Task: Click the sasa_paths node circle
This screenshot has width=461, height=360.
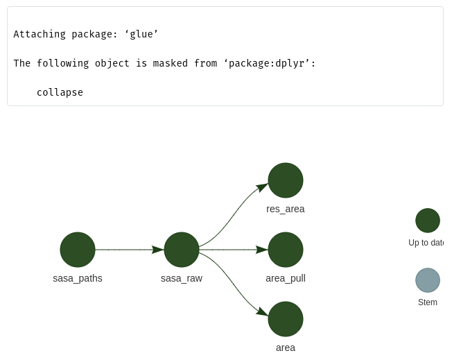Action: coord(78,250)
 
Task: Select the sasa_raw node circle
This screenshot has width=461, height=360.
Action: coord(182,250)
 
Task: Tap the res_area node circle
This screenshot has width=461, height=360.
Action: coord(286,180)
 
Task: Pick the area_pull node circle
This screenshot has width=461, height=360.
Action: coord(286,250)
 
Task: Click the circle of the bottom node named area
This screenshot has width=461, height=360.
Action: coord(286,319)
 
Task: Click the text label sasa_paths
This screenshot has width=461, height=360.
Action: coord(78,278)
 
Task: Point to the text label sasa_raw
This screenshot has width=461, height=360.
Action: coord(182,278)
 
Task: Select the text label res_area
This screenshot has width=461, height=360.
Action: coord(286,209)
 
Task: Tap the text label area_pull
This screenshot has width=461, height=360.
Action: coord(286,278)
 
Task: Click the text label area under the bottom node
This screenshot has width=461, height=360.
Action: coord(286,348)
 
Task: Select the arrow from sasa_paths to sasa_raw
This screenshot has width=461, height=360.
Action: coord(128,250)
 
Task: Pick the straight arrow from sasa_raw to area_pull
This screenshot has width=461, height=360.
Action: coord(232,250)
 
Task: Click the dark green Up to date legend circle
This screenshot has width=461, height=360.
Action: coord(428,221)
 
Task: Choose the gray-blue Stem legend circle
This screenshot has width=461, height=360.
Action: coord(428,280)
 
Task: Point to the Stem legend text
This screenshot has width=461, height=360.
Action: coord(428,302)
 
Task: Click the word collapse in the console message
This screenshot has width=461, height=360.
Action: coord(60,92)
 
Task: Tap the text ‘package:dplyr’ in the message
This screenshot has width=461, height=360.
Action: coord(266,63)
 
